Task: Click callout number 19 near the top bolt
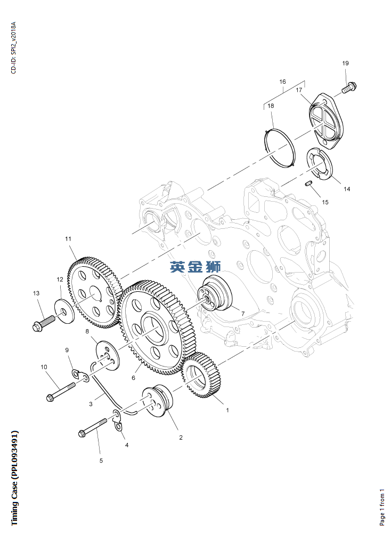coord(345,63)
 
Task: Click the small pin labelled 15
coord(308,184)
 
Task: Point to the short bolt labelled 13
coord(43,323)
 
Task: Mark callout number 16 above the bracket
coord(282,82)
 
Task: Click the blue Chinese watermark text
coord(195,267)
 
